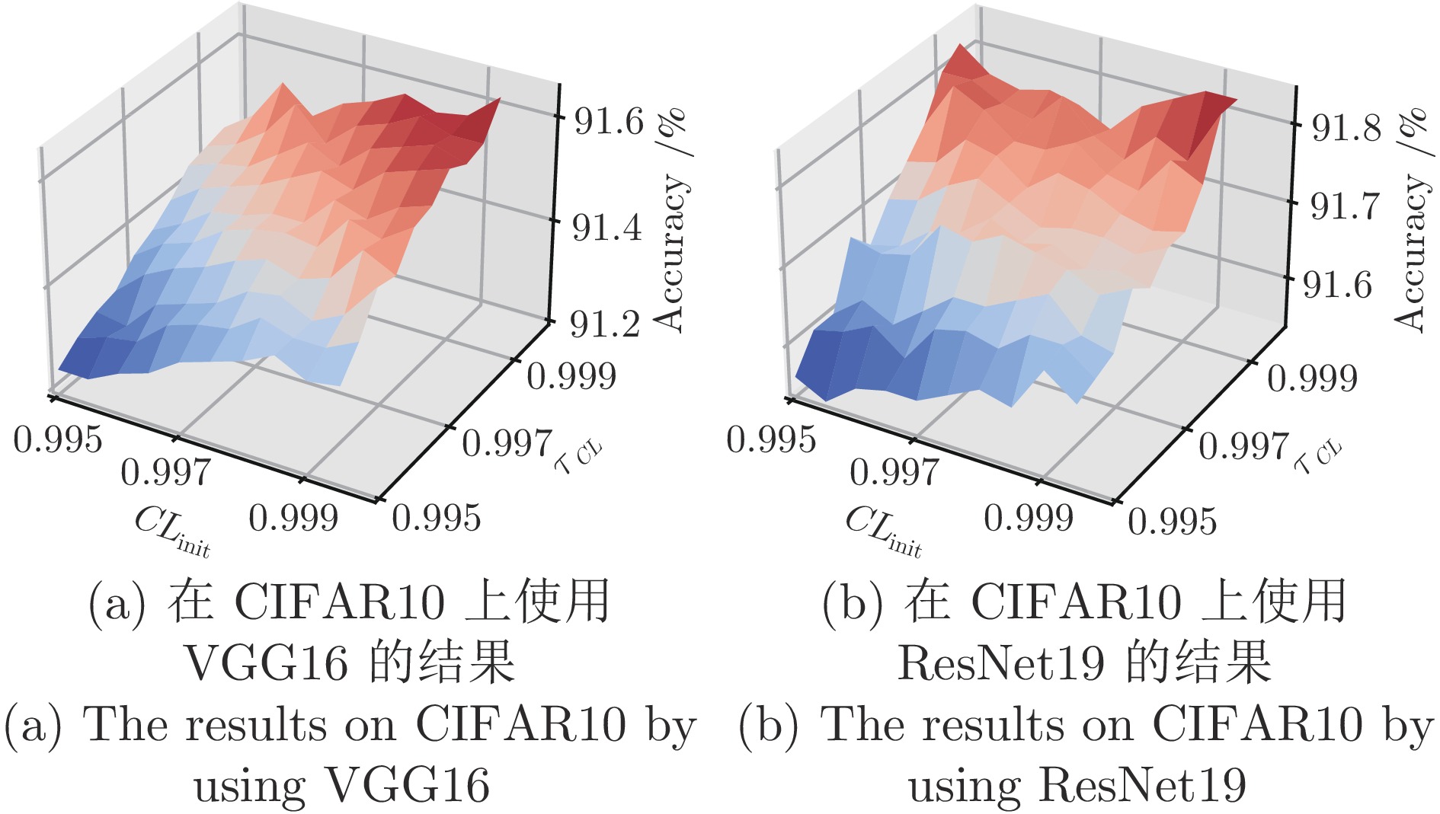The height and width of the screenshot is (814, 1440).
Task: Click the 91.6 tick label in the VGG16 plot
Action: click(x=608, y=120)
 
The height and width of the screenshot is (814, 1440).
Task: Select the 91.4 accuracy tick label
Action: click(x=607, y=226)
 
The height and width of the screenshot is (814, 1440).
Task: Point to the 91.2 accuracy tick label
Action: click(x=606, y=324)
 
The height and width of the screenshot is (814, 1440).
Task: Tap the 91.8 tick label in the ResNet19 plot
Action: click(x=1346, y=126)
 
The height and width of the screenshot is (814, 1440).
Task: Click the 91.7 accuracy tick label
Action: click(x=1345, y=206)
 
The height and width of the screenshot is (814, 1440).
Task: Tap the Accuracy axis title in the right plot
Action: click(x=1411, y=221)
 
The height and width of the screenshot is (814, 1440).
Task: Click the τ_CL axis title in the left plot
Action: click(x=578, y=457)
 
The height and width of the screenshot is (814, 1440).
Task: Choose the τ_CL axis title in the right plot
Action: click(x=1317, y=457)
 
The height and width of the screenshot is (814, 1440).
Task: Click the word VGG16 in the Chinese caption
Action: click(x=267, y=662)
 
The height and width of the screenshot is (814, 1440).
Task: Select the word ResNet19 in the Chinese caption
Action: click(x=1000, y=662)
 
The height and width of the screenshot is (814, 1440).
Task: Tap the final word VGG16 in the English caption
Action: click(x=408, y=785)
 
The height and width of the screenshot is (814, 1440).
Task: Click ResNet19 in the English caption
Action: click(x=1143, y=785)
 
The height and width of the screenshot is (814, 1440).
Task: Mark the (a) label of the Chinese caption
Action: click(x=117, y=603)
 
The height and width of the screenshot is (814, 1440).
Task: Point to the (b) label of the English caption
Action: click(x=768, y=724)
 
